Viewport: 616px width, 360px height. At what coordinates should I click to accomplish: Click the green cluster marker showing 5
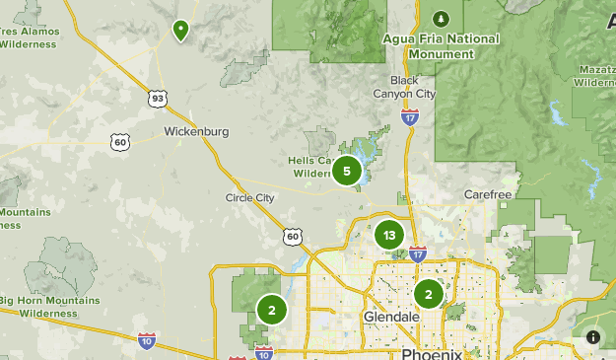click(346, 171)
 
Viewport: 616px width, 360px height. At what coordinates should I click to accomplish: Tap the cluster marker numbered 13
click(389, 235)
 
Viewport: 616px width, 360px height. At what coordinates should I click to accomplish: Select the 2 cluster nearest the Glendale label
click(428, 294)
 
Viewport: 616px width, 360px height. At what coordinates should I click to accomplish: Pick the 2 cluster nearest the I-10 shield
click(271, 310)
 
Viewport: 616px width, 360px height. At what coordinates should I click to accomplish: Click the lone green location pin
click(180, 31)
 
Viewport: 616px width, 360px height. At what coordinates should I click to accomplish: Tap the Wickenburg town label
click(196, 131)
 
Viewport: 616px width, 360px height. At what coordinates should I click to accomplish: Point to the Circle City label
click(250, 197)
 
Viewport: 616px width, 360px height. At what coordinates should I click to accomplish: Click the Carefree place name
click(486, 194)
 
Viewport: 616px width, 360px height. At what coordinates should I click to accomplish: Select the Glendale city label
click(391, 317)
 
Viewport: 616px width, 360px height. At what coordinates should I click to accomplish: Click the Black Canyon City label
click(404, 87)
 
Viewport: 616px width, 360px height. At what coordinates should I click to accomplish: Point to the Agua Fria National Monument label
click(441, 44)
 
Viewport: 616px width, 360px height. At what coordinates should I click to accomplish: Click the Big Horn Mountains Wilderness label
click(48, 307)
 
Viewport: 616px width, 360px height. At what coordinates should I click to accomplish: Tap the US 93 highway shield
click(158, 98)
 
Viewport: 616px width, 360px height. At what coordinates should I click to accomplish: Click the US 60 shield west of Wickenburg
click(120, 142)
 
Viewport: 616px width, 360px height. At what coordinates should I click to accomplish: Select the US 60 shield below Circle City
click(292, 236)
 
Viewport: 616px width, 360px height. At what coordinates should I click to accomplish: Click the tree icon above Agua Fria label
click(441, 19)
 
